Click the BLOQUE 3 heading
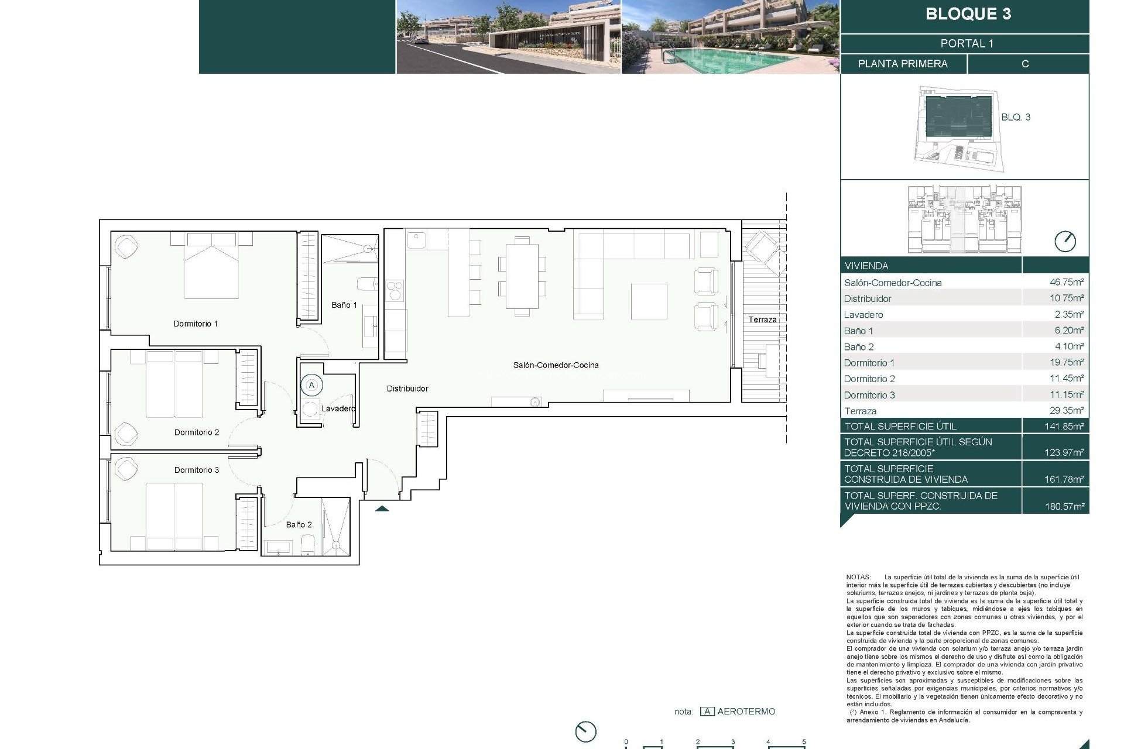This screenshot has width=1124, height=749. click(968, 14)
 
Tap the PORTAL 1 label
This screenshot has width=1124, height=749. click(967, 43)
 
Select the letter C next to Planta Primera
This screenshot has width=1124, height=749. click(1024, 64)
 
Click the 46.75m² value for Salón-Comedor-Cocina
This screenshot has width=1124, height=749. click(1066, 282)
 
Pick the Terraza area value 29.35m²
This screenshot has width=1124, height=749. click(1066, 411)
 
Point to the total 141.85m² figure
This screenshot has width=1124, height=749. click(1064, 427)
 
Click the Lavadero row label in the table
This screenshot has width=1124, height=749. click(863, 315)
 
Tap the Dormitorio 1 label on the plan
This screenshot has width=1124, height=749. click(195, 324)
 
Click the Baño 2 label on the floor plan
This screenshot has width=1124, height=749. click(299, 525)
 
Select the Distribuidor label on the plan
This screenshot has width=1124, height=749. click(407, 389)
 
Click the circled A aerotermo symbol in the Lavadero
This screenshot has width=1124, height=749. click(311, 385)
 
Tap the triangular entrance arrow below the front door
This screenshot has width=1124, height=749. click(382, 509)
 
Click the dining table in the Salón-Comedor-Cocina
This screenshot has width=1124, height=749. click(522, 276)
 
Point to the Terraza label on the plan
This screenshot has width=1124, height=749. click(762, 319)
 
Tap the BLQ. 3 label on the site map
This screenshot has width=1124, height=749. click(1015, 117)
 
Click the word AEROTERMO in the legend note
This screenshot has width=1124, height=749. click(746, 712)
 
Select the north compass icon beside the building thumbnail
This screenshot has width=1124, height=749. click(1064, 241)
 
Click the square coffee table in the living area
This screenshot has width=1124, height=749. click(649, 301)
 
